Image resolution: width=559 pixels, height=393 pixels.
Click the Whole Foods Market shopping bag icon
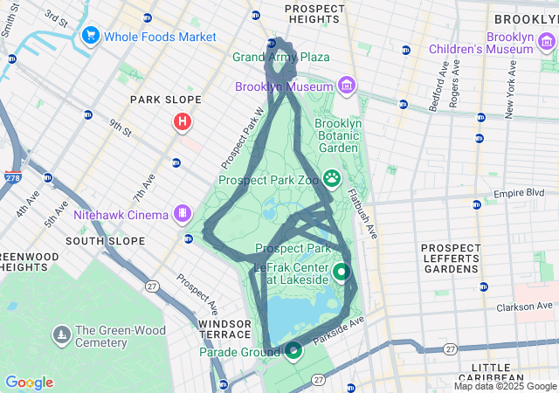90,36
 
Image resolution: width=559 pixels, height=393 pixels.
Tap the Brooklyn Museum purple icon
348,86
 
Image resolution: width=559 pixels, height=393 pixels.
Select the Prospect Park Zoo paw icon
333,179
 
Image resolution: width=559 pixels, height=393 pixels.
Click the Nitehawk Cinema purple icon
183,212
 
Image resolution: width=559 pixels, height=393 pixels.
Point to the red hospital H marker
182,121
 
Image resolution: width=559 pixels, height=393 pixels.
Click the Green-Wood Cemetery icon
62,334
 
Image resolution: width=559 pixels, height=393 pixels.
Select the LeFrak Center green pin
342,272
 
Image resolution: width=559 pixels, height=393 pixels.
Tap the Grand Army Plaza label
280,57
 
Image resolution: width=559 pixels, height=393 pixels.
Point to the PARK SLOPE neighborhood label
166,100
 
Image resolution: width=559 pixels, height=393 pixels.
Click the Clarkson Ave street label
525,307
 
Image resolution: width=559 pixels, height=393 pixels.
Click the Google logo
29,383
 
